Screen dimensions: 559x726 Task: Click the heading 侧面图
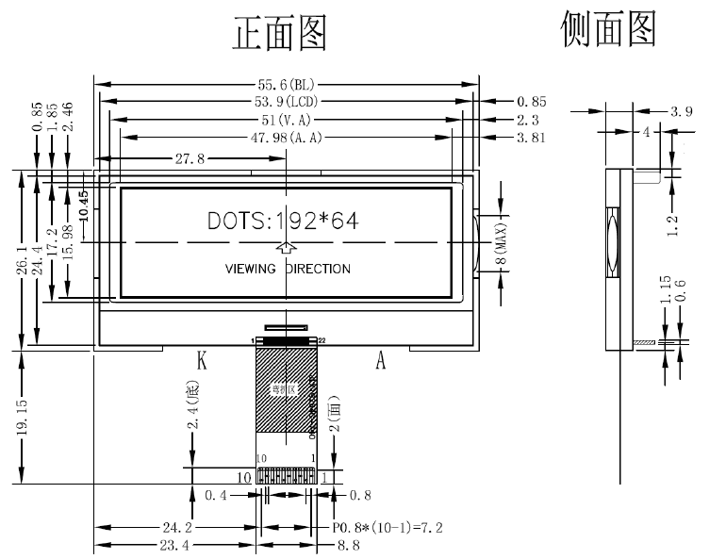(x=607, y=29)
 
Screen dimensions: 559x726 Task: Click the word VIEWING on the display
(x=251, y=269)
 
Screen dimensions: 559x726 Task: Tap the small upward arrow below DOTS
(x=287, y=248)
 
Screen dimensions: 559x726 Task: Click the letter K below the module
(x=201, y=361)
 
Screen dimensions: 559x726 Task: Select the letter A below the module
(x=381, y=361)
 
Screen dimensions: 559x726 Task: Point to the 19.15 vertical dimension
(x=21, y=416)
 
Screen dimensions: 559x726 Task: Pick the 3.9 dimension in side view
(x=682, y=111)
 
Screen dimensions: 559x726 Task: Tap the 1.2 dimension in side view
(x=672, y=226)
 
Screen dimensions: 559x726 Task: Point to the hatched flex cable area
(x=284, y=391)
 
